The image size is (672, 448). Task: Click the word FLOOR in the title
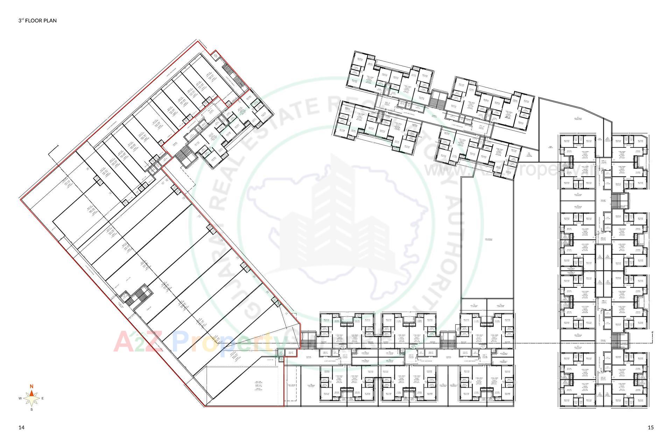pyautogui.click(x=33, y=21)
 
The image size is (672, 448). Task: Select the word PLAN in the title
pyautogui.click(x=50, y=21)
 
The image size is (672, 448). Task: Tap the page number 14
pyautogui.click(x=21, y=427)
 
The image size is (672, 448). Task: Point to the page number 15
pyautogui.click(x=651, y=427)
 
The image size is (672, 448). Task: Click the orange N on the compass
pyautogui.click(x=31, y=386)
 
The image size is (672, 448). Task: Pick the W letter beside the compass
pyautogui.click(x=20, y=399)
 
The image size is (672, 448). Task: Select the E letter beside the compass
pyautogui.click(x=43, y=398)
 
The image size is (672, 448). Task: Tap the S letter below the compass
pyautogui.click(x=31, y=409)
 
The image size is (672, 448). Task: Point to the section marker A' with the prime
pyautogui.click(x=653, y=333)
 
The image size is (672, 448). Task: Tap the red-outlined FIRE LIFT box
pyautogui.click(x=290, y=353)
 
